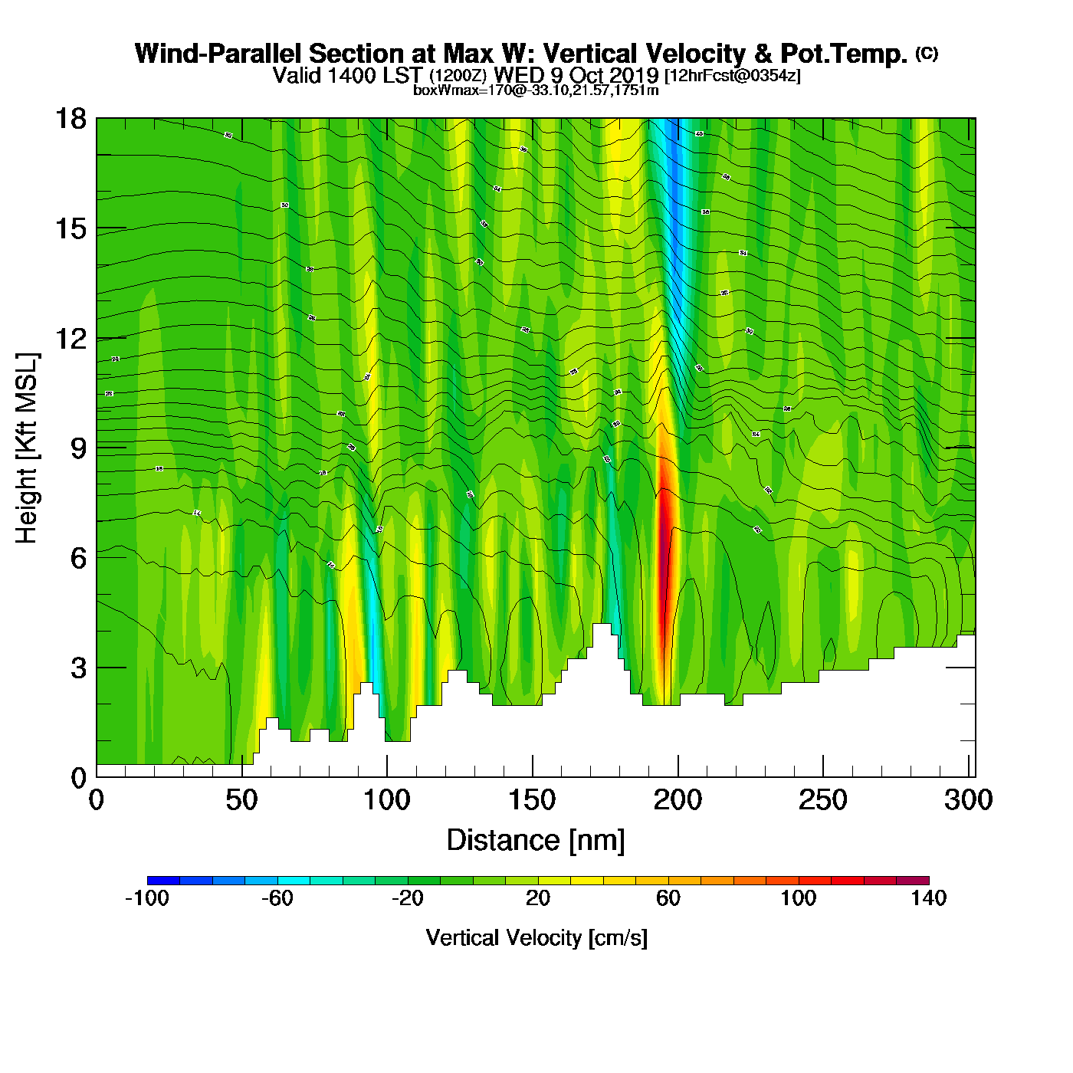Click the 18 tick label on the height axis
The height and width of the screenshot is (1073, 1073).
(x=70, y=119)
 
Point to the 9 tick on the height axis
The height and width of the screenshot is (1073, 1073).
(x=97, y=448)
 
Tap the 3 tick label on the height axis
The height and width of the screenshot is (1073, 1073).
(x=78, y=668)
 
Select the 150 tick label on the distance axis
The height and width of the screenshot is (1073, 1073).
(x=532, y=801)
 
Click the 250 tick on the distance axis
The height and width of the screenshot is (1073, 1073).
(x=823, y=776)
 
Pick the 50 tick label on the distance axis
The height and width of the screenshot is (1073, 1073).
(x=241, y=801)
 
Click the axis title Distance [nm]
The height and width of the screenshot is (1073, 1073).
(x=536, y=841)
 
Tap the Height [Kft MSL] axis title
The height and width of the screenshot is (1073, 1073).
(x=27, y=448)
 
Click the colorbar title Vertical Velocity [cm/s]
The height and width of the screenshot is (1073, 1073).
(x=536, y=938)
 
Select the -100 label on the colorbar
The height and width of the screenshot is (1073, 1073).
(x=146, y=899)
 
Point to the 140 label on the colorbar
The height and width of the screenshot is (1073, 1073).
(x=928, y=899)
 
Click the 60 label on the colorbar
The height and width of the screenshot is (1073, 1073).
(x=668, y=899)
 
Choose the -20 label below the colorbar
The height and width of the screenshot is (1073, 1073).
(x=407, y=899)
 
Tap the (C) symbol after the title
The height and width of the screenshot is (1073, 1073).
(x=927, y=53)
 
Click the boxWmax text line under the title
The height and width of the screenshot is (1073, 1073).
(x=536, y=90)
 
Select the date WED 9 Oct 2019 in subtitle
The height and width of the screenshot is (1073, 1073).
(x=576, y=75)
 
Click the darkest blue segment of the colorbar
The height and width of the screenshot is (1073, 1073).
(x=163, y=881)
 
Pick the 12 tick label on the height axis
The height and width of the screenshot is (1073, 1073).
(x=70, y=338)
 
